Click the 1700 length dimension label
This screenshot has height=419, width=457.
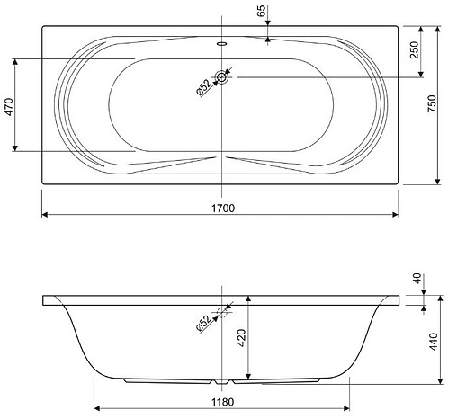click(223, 208)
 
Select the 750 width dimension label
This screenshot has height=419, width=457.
click(432, 103)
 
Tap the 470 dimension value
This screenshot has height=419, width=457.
click(9, 107)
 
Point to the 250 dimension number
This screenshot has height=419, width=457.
click(414, 50)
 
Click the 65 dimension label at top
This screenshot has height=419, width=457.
click(261, 11)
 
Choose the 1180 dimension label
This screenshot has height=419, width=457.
click(222, 402)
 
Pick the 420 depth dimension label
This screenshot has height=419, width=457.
click(242, 338)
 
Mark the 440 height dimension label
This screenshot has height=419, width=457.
click(434, 342)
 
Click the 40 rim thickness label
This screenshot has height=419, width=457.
click(417, 279)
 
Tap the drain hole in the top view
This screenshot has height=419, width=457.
click(221, 77)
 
